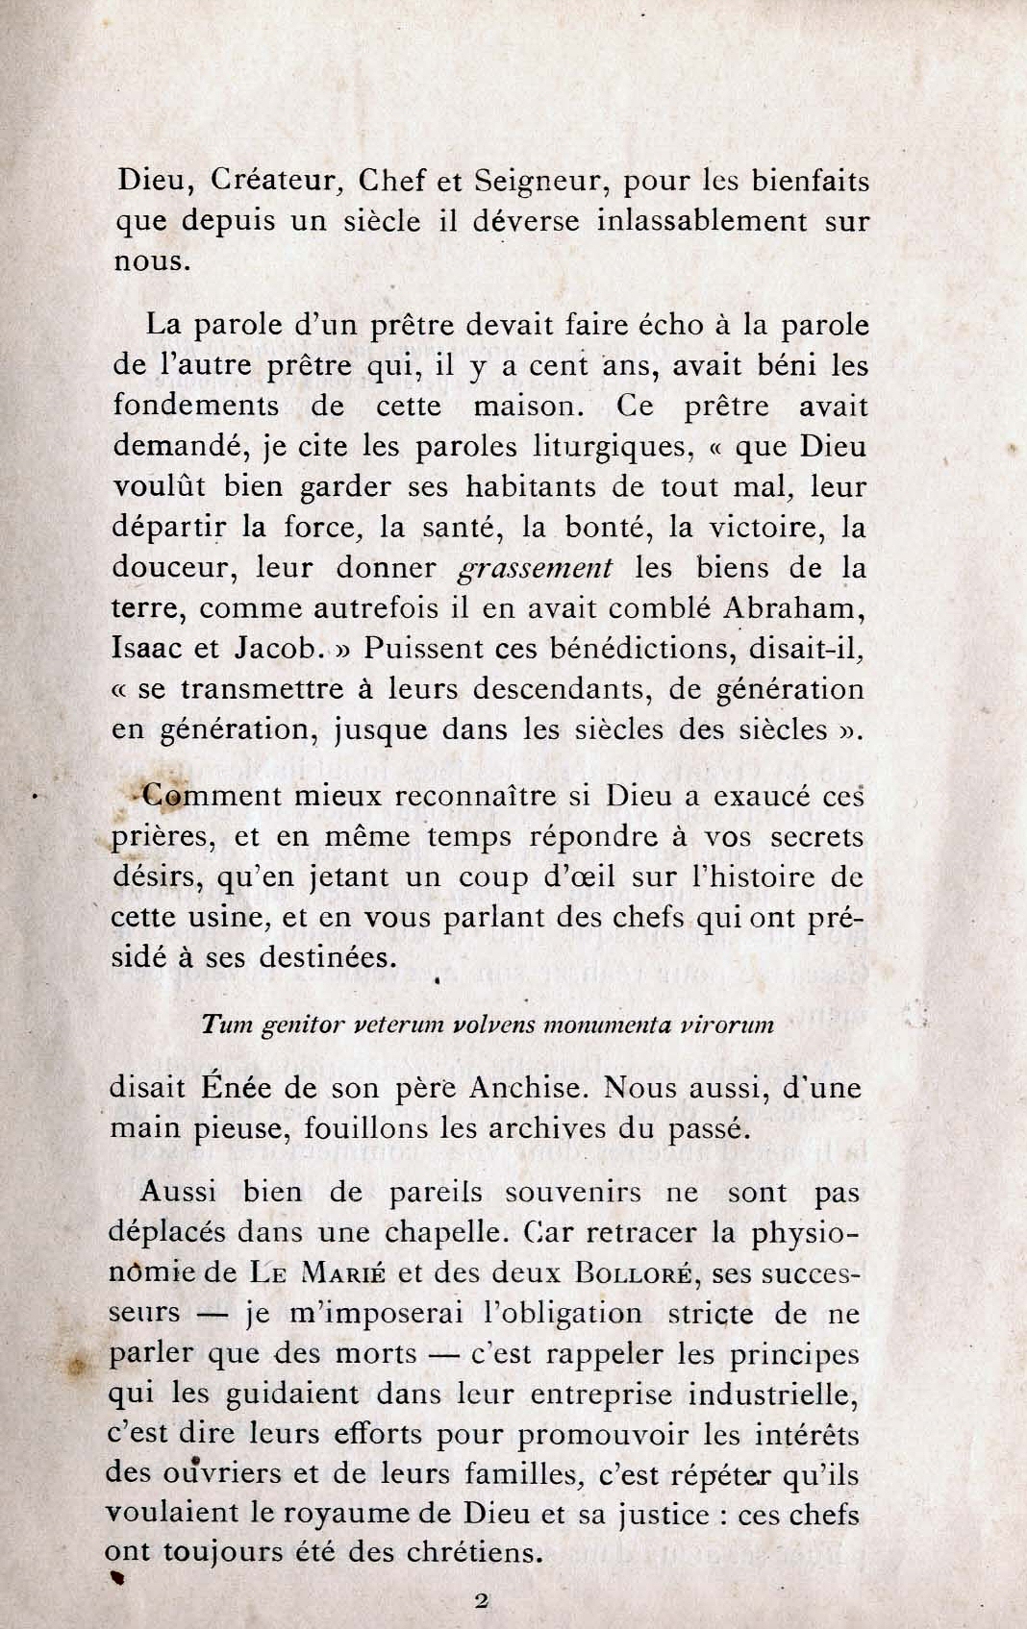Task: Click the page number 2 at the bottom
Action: coord(483,1600)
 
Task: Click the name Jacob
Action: coord(277,648)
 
